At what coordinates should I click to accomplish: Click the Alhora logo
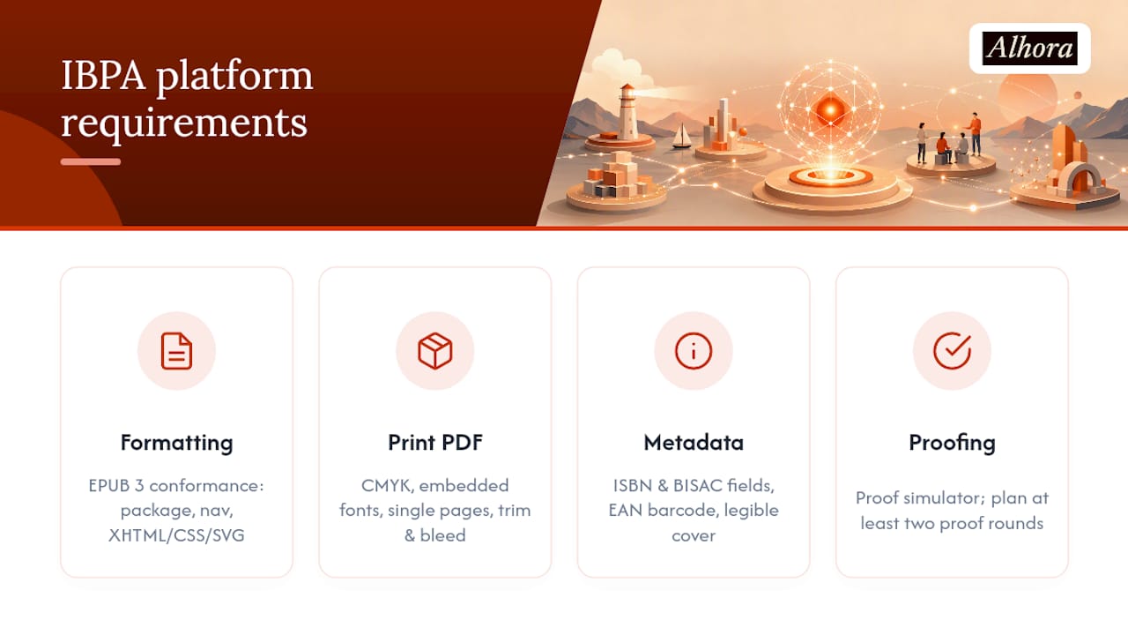tap(1030, 49)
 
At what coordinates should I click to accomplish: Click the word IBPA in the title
tap(103, 76)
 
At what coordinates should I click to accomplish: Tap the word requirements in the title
tap(184, 123)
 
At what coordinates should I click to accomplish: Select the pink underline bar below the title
tap(91, 161)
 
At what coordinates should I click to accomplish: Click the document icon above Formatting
tap(177, 351)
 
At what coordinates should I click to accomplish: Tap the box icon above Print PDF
tap(435, 351)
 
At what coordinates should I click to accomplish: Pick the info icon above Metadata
tap(694, 351)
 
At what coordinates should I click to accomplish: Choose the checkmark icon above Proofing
tap(952, 351)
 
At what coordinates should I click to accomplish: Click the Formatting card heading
tap(177, 444)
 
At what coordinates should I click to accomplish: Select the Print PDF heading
tap(435, 443)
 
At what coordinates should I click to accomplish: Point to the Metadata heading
tap(694, 443)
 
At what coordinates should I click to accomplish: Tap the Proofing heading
tap(952, 444)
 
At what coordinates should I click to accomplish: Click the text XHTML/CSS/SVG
tap(177, 535)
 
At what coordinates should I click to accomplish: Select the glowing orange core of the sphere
tap(830, 108)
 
